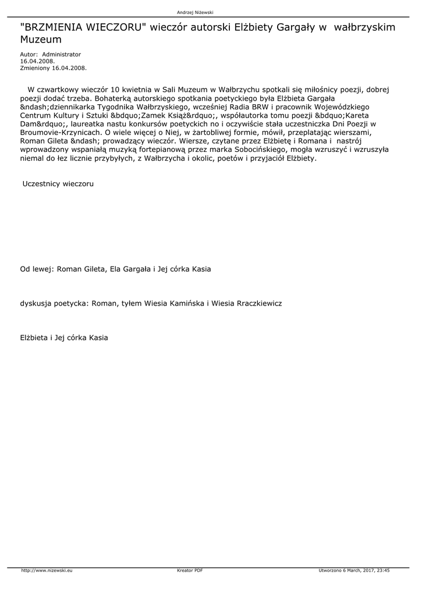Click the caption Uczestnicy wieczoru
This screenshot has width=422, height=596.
click(x=58, y=184)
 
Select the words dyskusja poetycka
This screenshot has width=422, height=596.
click(x=54, y=304)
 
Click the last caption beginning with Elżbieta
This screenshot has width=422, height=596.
click(x=64, y=338)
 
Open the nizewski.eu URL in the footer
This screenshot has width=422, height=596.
click(x=47, y=570)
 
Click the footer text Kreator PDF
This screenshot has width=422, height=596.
click(x=190, y=570)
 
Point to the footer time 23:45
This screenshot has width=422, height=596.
click(x=383, y=570)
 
